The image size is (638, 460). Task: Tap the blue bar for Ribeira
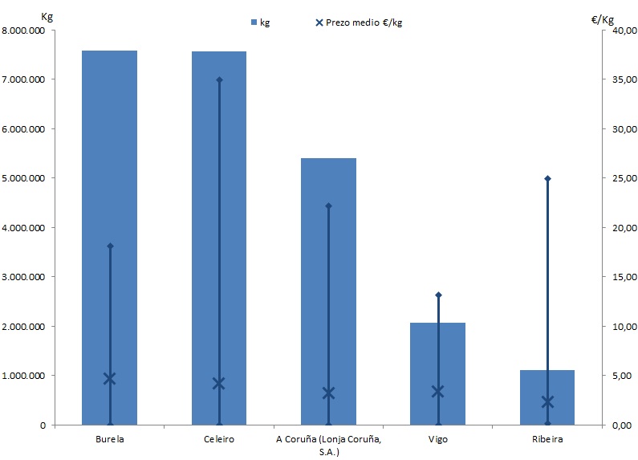[547, 397]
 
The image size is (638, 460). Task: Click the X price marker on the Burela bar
[110, 378]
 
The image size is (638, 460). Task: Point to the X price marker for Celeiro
[219, 383]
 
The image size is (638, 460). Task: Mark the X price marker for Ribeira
[547, 401]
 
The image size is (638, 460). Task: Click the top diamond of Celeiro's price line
[219, 79]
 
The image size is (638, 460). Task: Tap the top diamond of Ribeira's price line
[547, 178]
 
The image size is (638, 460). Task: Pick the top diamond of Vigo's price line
[438, 295]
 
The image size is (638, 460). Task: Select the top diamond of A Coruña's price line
[328, 206]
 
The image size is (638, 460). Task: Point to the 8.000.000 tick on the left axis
[25, 31]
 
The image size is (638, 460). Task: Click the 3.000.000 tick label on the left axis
[25, 277]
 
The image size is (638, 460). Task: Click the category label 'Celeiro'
[219, 440]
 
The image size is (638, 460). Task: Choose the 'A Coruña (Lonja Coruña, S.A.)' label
[328, 446]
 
